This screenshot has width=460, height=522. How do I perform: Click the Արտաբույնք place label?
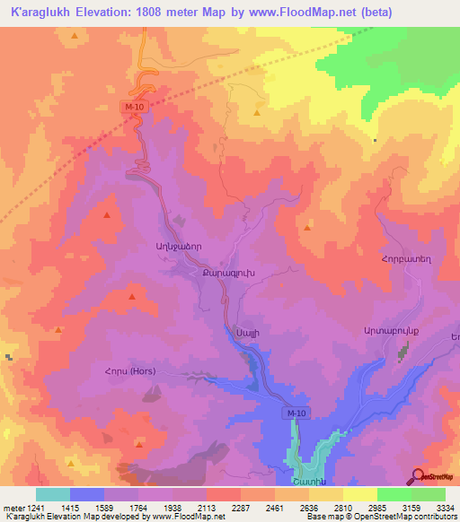click(x=392, y=331)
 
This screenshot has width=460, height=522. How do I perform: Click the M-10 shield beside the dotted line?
click(x=133, y=107)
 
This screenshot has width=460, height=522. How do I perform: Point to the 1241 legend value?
click(x=37, y=508)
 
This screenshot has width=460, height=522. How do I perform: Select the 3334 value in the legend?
click(x=445, y=508)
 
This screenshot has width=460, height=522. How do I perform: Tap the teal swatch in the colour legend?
click(x=53, y=494)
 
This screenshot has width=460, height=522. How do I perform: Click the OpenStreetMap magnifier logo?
click(x=417, y=476)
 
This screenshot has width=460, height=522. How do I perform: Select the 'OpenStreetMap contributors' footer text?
click(x=404, y=518)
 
